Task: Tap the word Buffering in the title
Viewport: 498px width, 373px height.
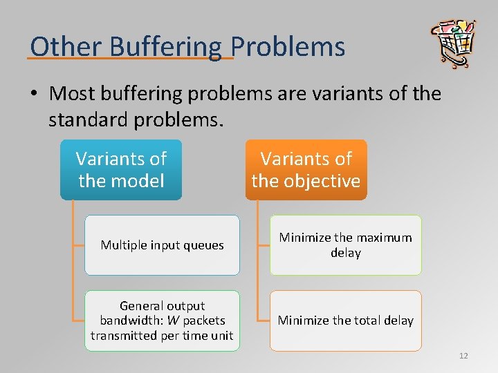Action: (158, 47)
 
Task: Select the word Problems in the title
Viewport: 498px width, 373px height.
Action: (288, 47)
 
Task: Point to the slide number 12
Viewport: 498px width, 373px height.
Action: (463, 356)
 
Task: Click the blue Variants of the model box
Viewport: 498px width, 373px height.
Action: (121, 170)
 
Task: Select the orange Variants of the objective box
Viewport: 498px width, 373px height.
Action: (306, 170)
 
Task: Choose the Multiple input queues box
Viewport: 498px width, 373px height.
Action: (162, 245)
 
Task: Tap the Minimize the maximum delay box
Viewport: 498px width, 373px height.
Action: (345, 245)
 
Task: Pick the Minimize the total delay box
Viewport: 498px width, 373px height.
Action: (345, 321)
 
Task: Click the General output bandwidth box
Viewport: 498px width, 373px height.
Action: (162, 321)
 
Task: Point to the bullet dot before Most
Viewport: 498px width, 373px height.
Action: (36, 93)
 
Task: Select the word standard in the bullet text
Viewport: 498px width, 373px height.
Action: (89, 120)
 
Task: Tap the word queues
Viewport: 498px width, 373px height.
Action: (205, 245)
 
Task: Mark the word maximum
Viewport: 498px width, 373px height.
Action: (383, 238)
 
